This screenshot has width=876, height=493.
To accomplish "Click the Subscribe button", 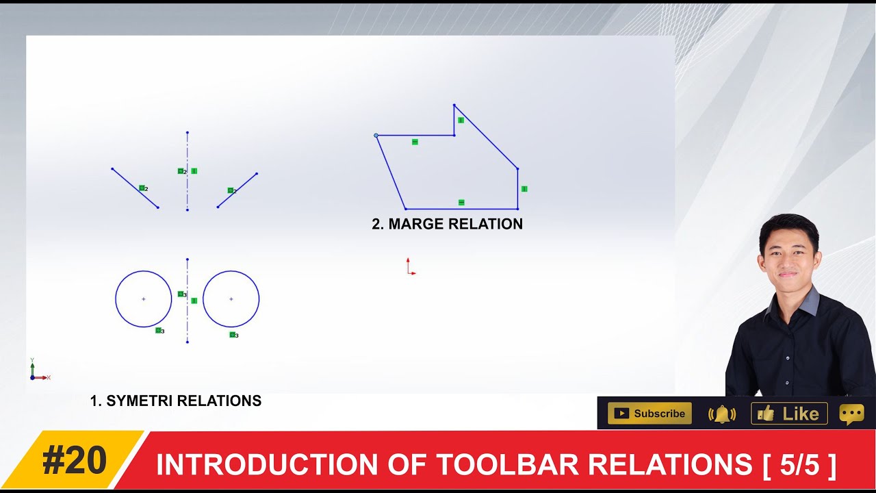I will (x=649, y=414).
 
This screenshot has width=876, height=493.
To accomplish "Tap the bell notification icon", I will (x=721, y=414).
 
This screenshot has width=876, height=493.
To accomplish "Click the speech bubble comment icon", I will (x=851, y=414).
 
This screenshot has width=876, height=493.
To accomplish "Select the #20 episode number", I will (x=75, y=461).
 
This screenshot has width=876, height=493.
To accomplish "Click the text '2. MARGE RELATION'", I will (x=447, y=224).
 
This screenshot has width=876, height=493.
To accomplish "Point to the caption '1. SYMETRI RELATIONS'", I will (x=176, y=401).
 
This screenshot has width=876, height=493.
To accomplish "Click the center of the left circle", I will (x=143, y=299).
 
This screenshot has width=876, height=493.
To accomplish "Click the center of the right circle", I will (x=231, y=299).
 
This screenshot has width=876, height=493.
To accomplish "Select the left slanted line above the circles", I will (x=135, y=188).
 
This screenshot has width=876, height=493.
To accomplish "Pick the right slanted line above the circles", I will (x=237, y=190).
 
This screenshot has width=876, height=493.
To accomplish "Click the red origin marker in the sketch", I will (x=410, y=268).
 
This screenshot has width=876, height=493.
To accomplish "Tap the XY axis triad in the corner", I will (x=36, y=372).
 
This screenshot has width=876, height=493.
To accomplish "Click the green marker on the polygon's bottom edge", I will (x=461, y=203).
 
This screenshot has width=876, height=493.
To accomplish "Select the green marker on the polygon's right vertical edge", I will (x=524, y=188).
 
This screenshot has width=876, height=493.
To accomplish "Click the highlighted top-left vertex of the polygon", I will (x=376, y=136).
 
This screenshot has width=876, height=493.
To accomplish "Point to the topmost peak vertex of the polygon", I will (x=454, y=105).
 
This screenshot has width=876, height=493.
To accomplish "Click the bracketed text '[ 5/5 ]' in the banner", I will (x=799, y=464).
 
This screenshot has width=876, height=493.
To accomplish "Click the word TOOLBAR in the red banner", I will (x=508, y=464).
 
